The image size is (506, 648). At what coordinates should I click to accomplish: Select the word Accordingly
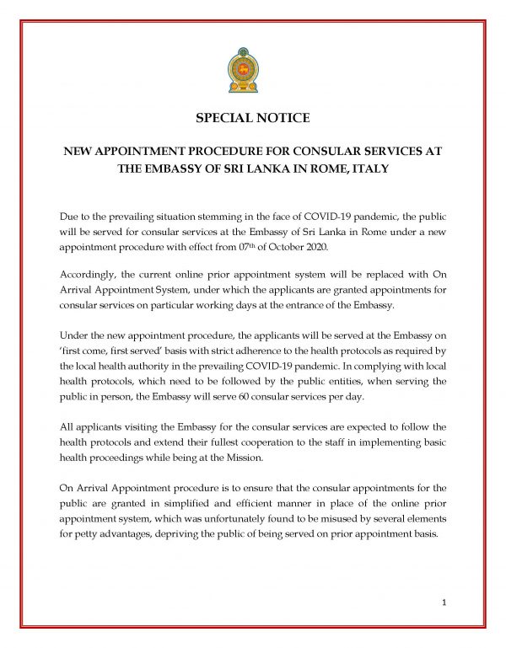(88, 275)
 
